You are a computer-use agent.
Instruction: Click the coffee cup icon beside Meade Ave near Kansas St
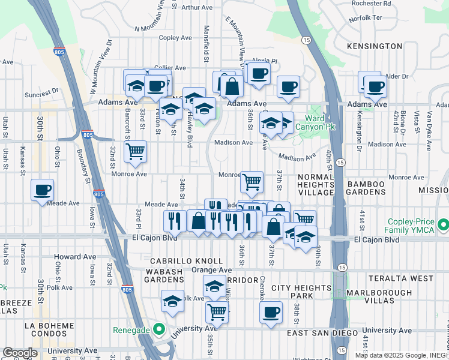[x=42, y=190]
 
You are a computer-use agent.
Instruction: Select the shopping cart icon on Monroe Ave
[x=252, y=181]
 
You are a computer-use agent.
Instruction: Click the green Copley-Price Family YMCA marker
[x=444, y=225]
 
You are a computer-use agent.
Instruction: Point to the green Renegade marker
[x=158, y=329]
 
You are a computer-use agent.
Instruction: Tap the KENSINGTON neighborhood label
[x=375, y=46]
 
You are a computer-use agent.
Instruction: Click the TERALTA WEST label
[x=410, y=278]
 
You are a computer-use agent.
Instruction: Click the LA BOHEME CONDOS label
[x=48, y=329]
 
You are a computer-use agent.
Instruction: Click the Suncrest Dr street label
[x=41, y=94]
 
